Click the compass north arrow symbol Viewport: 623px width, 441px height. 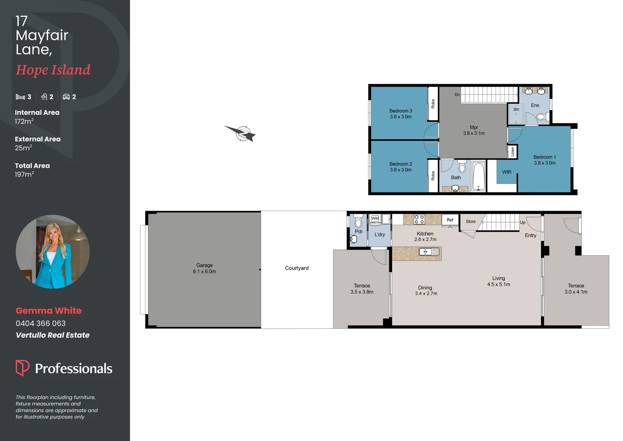[242, 133]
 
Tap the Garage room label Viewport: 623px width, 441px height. [204, 265]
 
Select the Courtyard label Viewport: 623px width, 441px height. [296, 268]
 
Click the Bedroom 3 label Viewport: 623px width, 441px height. [400, 111]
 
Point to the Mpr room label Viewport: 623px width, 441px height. [473, 127]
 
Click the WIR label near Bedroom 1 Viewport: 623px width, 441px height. [506, 172]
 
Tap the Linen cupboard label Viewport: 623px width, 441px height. [513, 151]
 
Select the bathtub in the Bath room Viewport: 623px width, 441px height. [478, 176]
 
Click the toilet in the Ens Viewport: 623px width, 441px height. [541, 117]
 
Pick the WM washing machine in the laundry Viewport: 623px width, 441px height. [375, 219]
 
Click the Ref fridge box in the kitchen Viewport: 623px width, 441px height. [450, 220]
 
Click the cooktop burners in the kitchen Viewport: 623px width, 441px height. [419, 219]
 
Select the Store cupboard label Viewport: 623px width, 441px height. [471, 222]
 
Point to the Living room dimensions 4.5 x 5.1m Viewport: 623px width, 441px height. [498, 285]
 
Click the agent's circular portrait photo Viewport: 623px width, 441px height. [53, 252]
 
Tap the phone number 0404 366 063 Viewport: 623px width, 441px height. [41, 323]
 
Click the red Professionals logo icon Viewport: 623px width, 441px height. [22, 367]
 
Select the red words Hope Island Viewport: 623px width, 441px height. [53, 70]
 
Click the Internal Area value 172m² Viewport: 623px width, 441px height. [24, 121]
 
